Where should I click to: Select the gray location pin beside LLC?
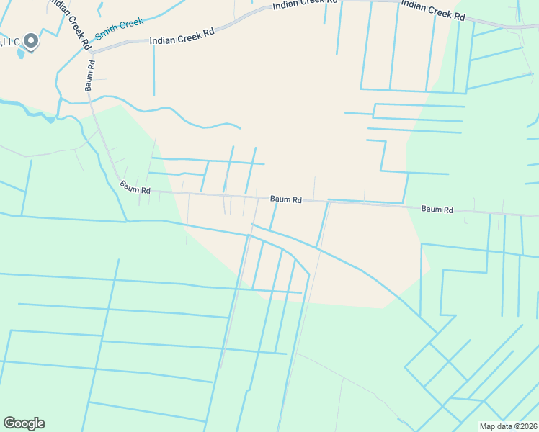click(31, 41)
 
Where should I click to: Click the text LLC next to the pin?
click(10, 42)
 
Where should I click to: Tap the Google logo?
click(24, 423)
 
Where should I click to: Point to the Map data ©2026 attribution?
click(507, 426)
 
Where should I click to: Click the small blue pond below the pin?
click(22, 53)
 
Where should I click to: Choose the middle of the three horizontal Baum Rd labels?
click(285, 199)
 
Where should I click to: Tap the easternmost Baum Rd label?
click(437, 210)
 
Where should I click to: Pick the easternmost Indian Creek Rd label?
click(433, 9)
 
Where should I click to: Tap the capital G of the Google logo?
click(9, 423)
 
